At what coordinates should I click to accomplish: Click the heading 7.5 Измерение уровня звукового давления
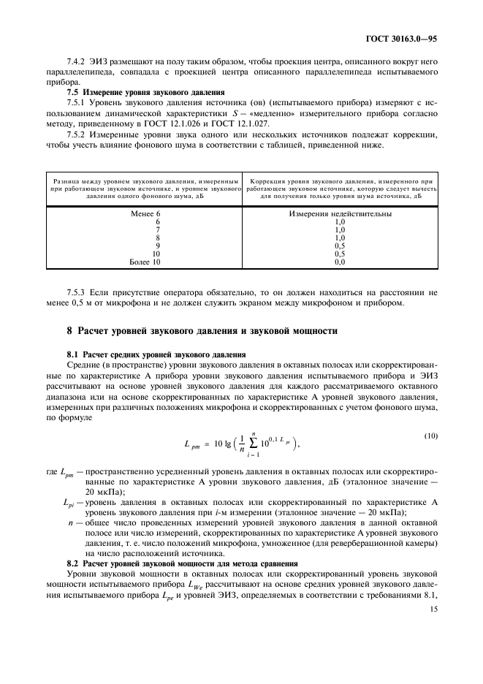point(145,93)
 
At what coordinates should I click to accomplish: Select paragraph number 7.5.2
point(78,134)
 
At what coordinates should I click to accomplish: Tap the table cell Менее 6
point(145,214)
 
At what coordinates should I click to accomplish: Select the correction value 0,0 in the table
point(339,261)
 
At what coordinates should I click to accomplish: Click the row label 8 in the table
point(158,237)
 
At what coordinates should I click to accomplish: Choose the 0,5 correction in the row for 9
point(339,246)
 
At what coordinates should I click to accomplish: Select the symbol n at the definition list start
point(71,522)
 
